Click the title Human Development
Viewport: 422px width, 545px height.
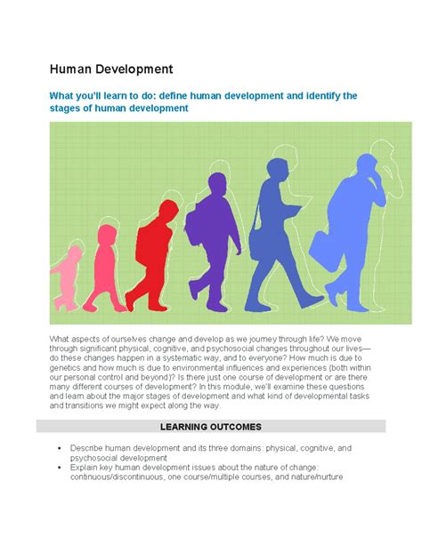[111, 69]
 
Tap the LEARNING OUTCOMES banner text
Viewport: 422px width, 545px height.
[211, 427]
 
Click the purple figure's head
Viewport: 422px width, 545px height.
[217, 184]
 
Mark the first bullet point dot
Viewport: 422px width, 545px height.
[60, 448]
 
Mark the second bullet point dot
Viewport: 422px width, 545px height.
[60, 468]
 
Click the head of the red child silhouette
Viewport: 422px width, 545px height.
[169, 210]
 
